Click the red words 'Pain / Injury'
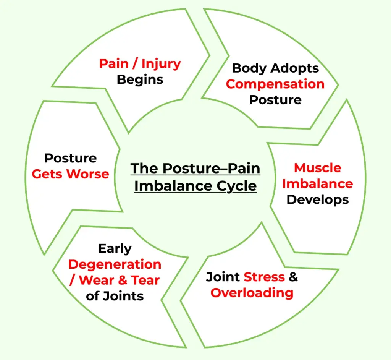[140, 63]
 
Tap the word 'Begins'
[140, 79]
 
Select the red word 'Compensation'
[275, 84]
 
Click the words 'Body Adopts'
[275, 68]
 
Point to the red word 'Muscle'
[318, 168]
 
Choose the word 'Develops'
[318, 199]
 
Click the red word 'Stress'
[264, 277]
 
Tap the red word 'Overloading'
[252, 293]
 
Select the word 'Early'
[115, 248]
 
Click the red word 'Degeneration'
[115, 264]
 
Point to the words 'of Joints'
[115, 296]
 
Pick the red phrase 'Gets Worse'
[70, 174]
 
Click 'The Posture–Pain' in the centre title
[195, 169]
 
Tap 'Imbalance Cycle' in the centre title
[195, 186]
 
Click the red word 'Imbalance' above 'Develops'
[318, 184]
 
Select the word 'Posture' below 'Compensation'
[275, 100]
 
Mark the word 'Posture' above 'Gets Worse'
[70, 158]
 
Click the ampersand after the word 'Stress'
[293, 277]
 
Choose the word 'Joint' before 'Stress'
[223, 277]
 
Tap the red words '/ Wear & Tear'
[115, 280]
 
